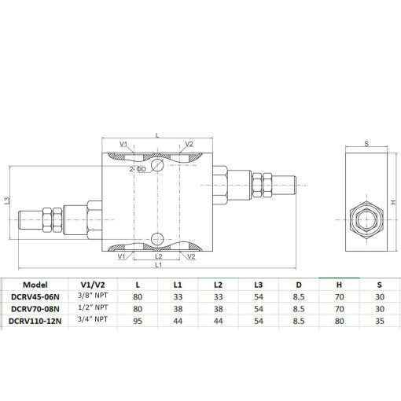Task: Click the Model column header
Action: point(37,285)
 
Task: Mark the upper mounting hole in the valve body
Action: point(157,166)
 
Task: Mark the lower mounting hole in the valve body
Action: point(157,238)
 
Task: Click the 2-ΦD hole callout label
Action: point(138,169)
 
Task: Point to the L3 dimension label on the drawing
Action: point(7,201)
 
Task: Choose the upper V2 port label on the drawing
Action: point(189,144)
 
